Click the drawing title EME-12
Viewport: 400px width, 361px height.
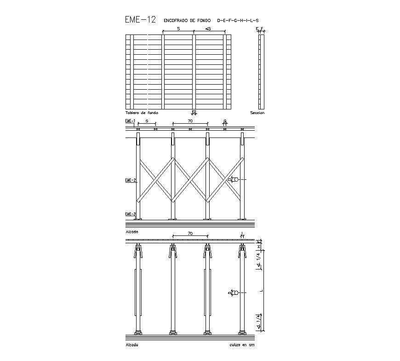(x=140, y=20)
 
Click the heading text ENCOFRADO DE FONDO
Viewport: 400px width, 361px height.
(x=187, y=20)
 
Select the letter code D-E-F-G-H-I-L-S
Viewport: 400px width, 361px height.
(x=238, y=20)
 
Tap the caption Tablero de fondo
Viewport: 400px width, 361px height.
(x=142, y=113)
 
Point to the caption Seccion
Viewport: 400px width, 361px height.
(x=257, y=113)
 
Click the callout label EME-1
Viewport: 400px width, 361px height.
(x=130, y=121)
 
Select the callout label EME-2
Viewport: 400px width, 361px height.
(x=130, y=180)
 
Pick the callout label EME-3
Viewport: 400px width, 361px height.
(x=130, y=214)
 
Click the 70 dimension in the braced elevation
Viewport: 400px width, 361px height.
(x=189, y=120)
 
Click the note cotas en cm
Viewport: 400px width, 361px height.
(x=241, y=344)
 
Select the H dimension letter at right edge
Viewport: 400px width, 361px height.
(x=259, y=246)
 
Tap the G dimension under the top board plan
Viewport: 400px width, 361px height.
(x=194, y=112)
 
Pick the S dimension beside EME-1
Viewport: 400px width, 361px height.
(x=146, y=120)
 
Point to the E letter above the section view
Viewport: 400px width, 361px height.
(x=257, y=29)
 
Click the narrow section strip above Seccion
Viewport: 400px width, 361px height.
(x=261, y=71)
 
